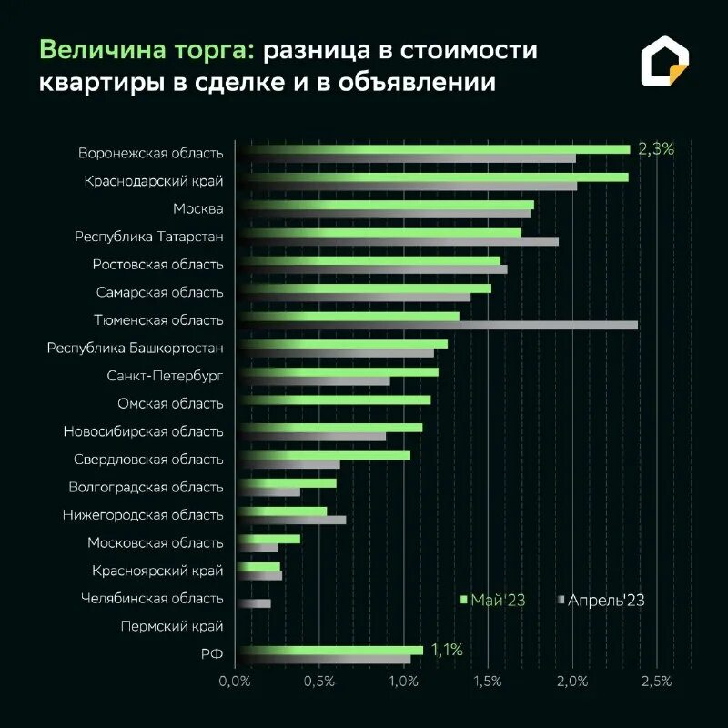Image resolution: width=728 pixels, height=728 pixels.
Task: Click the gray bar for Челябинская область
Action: [254, 603]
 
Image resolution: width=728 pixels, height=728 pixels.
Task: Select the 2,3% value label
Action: [656, 149]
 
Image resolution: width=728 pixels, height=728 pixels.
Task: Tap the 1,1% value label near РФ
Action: [447, 650]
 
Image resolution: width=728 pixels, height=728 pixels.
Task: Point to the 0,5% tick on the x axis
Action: [319, 681]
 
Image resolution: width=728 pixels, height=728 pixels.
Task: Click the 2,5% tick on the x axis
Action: [656, 681]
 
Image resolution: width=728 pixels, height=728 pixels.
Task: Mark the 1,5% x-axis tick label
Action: [488, 681]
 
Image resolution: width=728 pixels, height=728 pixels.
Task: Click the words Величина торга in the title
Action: [147, 50]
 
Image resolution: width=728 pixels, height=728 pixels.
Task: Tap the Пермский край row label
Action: [171, 626]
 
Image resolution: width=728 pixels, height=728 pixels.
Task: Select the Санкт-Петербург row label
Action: [165, 375]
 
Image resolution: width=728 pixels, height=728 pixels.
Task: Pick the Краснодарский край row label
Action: [154, 181]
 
